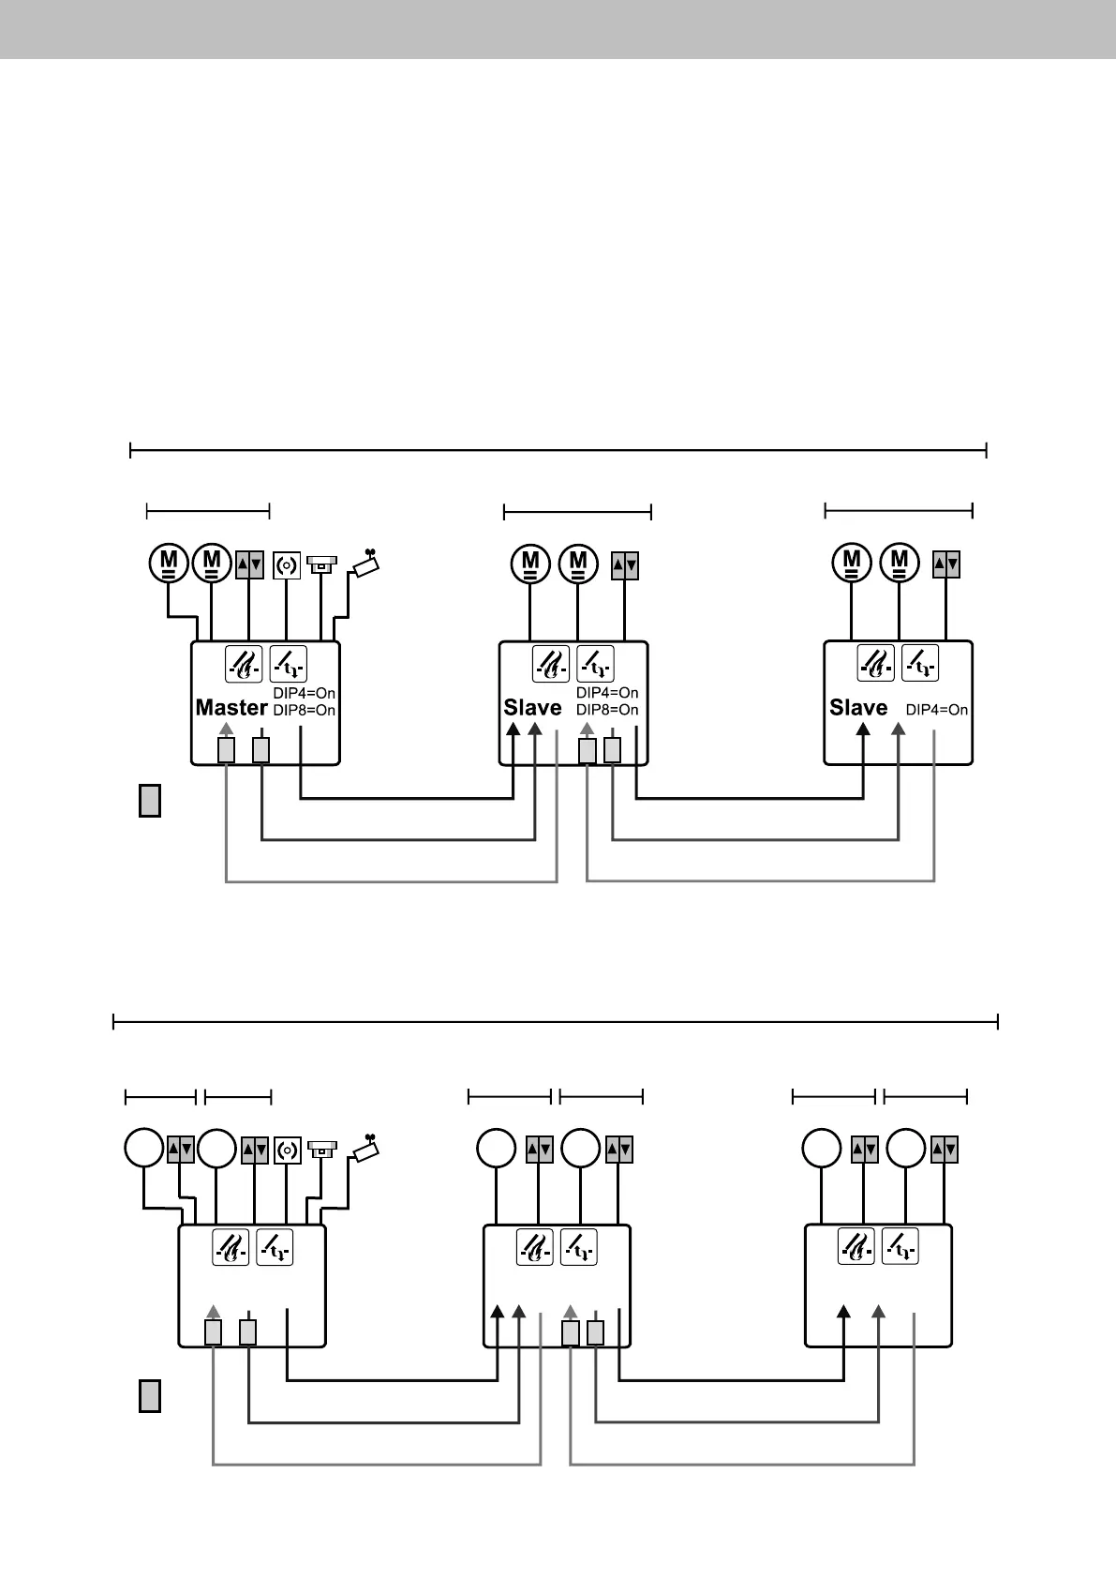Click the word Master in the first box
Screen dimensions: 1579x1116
coord(231,708)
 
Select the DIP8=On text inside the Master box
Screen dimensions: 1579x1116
coord(305,711)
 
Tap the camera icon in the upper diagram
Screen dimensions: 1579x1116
coord(365,563)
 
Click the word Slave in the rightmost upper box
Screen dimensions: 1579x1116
coord(858,708)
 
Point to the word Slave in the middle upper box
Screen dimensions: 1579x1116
coord(532,708)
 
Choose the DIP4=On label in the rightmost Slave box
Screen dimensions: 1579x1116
coord(937,710)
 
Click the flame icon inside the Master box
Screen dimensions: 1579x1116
coord(244,664)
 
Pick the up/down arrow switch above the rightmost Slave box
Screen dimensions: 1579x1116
coord(946,564)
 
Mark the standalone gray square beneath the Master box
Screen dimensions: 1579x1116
coord(149,802)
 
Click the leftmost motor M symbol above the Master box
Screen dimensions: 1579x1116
coord(169,563)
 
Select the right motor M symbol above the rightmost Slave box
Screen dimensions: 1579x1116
coord(900,563)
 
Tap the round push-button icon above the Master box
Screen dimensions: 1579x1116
coord(287,566)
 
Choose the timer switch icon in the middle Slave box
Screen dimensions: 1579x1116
coord(595,664)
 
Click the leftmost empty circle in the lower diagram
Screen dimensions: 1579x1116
coord(144,1149)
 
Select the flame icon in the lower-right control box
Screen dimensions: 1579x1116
coord(855,1246)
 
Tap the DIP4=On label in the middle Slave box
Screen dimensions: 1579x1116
coord(607,693)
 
